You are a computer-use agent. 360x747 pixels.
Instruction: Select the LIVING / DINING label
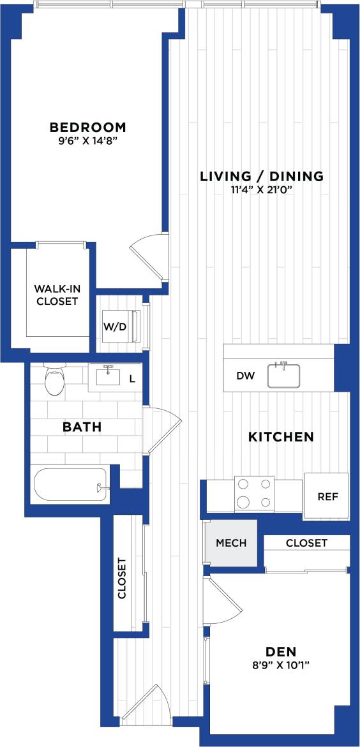pos(262,176)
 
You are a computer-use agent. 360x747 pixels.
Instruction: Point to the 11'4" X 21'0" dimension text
pos(262,190)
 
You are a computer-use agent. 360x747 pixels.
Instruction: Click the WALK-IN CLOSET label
pos(56,295)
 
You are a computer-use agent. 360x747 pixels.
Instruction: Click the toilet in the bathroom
pos(55,380)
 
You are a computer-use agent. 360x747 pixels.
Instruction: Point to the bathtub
pos(70,485)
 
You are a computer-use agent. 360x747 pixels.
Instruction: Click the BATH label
pos(82,427)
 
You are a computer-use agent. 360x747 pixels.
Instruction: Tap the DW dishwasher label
pos(246,376)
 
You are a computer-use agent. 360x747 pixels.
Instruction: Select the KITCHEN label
pos(281,437)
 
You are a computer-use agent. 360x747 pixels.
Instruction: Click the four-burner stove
pos(253,493)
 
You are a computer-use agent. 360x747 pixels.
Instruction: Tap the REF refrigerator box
pos(327,496)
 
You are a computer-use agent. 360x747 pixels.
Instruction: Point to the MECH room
pos(231,543)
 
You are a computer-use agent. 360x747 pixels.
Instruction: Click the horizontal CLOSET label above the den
pos(306,543)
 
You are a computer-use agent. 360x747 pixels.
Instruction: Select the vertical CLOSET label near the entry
pos(122,579)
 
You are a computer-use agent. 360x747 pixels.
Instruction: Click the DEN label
pos(281,651)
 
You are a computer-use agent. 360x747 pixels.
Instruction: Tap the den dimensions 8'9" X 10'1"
pos(281,665)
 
